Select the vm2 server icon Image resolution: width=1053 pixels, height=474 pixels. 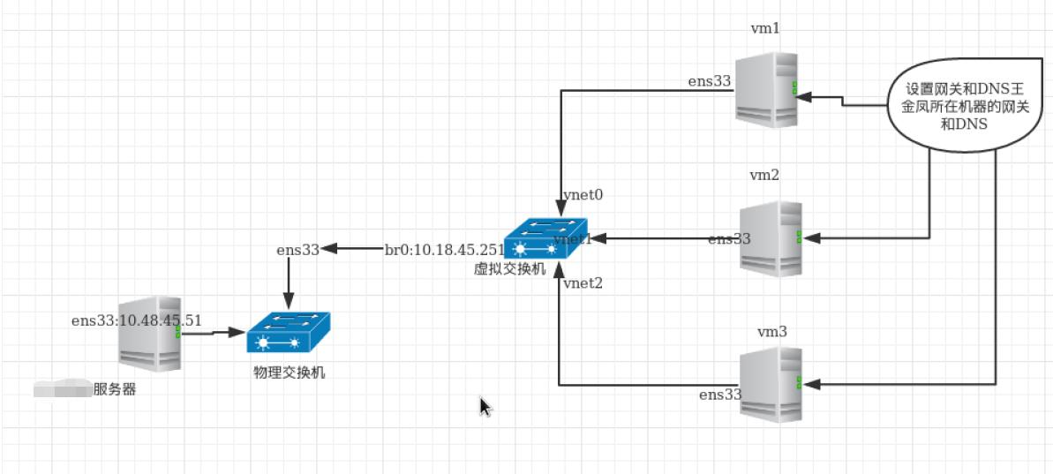click(x=771, y=238)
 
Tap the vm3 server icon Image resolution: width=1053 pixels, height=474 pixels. click(x=771, y=384)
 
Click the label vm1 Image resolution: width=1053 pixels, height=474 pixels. click(x=764, y=29)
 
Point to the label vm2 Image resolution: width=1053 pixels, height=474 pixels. click(x=764, y=175)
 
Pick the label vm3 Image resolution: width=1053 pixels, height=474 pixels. click(x=771, y=331)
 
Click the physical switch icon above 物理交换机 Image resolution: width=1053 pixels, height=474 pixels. click(x=289, y=334)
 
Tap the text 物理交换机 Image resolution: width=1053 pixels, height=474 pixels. click(x=289, y=373)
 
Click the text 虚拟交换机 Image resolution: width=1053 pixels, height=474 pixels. click(x=509, y=267)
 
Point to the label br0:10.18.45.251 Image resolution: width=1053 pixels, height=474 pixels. click(x=445, y=249)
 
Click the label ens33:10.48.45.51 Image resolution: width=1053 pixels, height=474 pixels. click(x=137, y=320)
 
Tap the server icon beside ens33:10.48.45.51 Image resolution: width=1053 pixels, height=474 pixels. click(x=151, y=333)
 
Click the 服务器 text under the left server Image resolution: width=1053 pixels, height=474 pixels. click(x=115, y=389)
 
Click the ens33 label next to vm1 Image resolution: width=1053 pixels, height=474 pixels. click(x=710, y=81)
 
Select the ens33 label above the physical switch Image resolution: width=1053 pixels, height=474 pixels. click(x=297, y=250)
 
